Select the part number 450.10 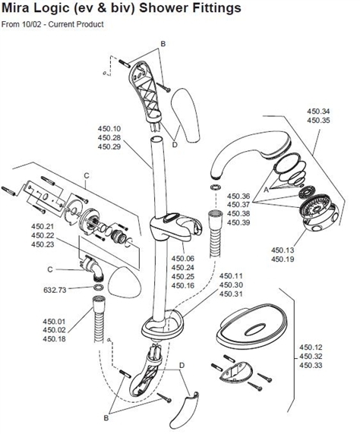point(109,128)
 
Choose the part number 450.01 point(57,321)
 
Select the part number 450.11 point(232,276)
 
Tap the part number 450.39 point(239,222)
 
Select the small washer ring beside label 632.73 point(98,289)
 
